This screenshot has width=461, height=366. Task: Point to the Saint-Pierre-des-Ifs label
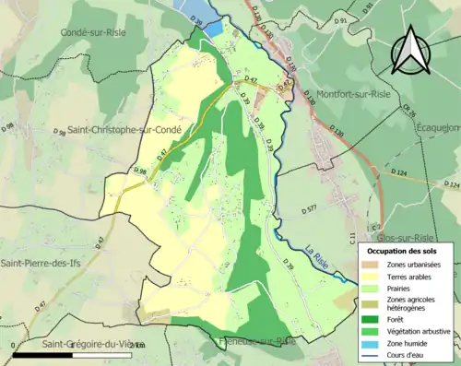(x=48, y=264)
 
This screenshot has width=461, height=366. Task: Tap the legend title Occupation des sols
(x=403, y=251)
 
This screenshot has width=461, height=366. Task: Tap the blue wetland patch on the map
(x=213, y=29)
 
